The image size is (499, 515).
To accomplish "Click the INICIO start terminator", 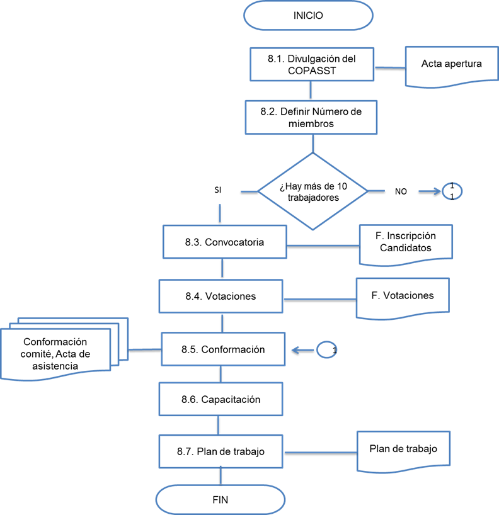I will tap(308, 16).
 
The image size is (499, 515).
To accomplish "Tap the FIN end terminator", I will tap(220, 500).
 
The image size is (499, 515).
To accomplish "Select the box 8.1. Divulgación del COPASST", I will tap(311, 64).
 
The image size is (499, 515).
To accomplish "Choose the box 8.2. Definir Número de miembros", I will tap(311, 117).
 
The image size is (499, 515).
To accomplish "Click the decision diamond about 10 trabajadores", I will tap(313, 190).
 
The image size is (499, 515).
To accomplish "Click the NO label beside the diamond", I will tap(401, 191).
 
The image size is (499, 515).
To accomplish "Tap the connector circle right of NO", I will tap(452, 190).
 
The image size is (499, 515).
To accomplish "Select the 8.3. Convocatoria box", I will tap(224, 242).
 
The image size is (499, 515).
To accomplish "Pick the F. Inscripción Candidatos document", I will tap(405, 243).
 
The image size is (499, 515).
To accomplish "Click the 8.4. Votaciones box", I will tap(221, 296).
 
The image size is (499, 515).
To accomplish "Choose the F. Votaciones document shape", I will tap(403, 296).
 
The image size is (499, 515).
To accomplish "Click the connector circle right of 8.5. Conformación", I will tap(327, 350).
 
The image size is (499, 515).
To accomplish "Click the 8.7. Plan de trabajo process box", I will tap(220, 451).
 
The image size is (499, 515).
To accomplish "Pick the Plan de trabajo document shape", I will tap(404, 450).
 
